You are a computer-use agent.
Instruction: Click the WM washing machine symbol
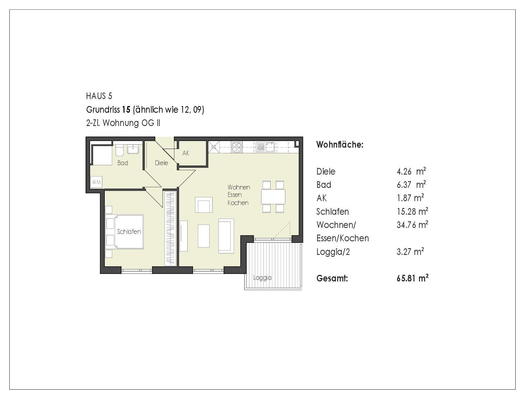click(x=96, y=182)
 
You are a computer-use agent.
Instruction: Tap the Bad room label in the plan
click(x=123, y=163)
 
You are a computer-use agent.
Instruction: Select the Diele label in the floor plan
click(x=161, y=163)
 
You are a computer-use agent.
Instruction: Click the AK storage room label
click(x=186, y=153)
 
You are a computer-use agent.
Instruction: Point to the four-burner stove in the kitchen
click(x=237, y=147)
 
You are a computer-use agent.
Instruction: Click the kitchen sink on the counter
click(x=265, y=147)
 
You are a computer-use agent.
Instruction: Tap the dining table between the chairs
click(x=273, y=197)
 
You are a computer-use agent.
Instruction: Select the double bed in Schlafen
click(x=129, y=232)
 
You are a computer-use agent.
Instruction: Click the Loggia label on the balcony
click(x=262, y=278)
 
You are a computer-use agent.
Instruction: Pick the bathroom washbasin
click(x=133, y=149)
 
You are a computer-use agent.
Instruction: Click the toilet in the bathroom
click(x=120, y=150)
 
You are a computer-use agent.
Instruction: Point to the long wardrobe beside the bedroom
click(x=170, y=228)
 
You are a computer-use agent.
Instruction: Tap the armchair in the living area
click(x=204, y=205)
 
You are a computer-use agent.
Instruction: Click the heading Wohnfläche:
click(x=340, y=144)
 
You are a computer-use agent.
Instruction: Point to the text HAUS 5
click(x=99, y=96)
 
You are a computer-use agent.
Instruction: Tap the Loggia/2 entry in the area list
click(x=333, y=252)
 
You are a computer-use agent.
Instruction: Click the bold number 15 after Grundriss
click(x=126, y=110)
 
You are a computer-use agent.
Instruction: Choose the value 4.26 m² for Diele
click(x=412, y=171)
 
